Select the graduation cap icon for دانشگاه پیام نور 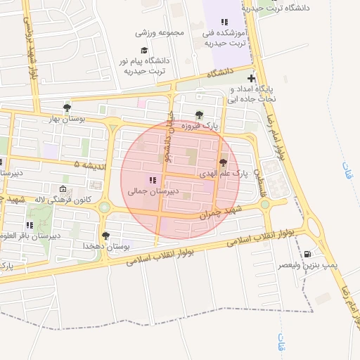[144, 51]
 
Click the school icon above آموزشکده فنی [224, 22]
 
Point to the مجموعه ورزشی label [160, 32]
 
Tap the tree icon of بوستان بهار [67, 108]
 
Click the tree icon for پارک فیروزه [199, 115]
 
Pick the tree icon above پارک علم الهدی [224, 162]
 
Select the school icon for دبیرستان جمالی [153, 180]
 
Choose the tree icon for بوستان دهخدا [105, 236]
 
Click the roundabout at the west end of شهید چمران [105, 207]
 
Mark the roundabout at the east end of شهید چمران [265, 205]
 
